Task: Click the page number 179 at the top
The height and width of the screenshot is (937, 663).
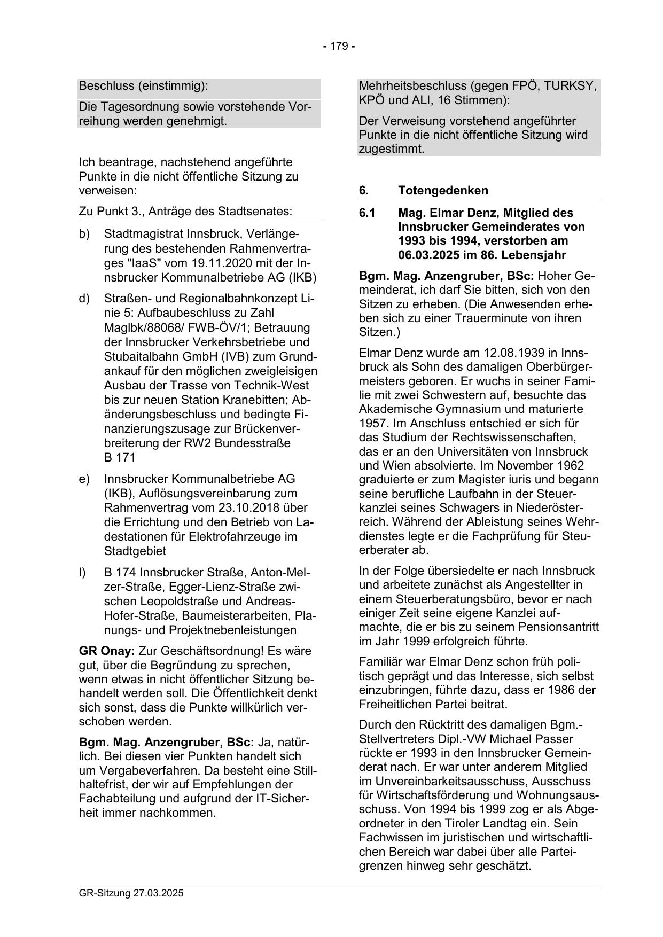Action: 339,46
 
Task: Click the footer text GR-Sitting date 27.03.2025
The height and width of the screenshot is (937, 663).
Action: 131,893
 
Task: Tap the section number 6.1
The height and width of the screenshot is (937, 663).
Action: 368,213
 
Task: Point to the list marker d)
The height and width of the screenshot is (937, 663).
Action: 84,299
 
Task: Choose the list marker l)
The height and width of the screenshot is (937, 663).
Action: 82,573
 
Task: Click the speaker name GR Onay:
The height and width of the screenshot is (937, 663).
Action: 107,651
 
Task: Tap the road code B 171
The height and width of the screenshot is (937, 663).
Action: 120,457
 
